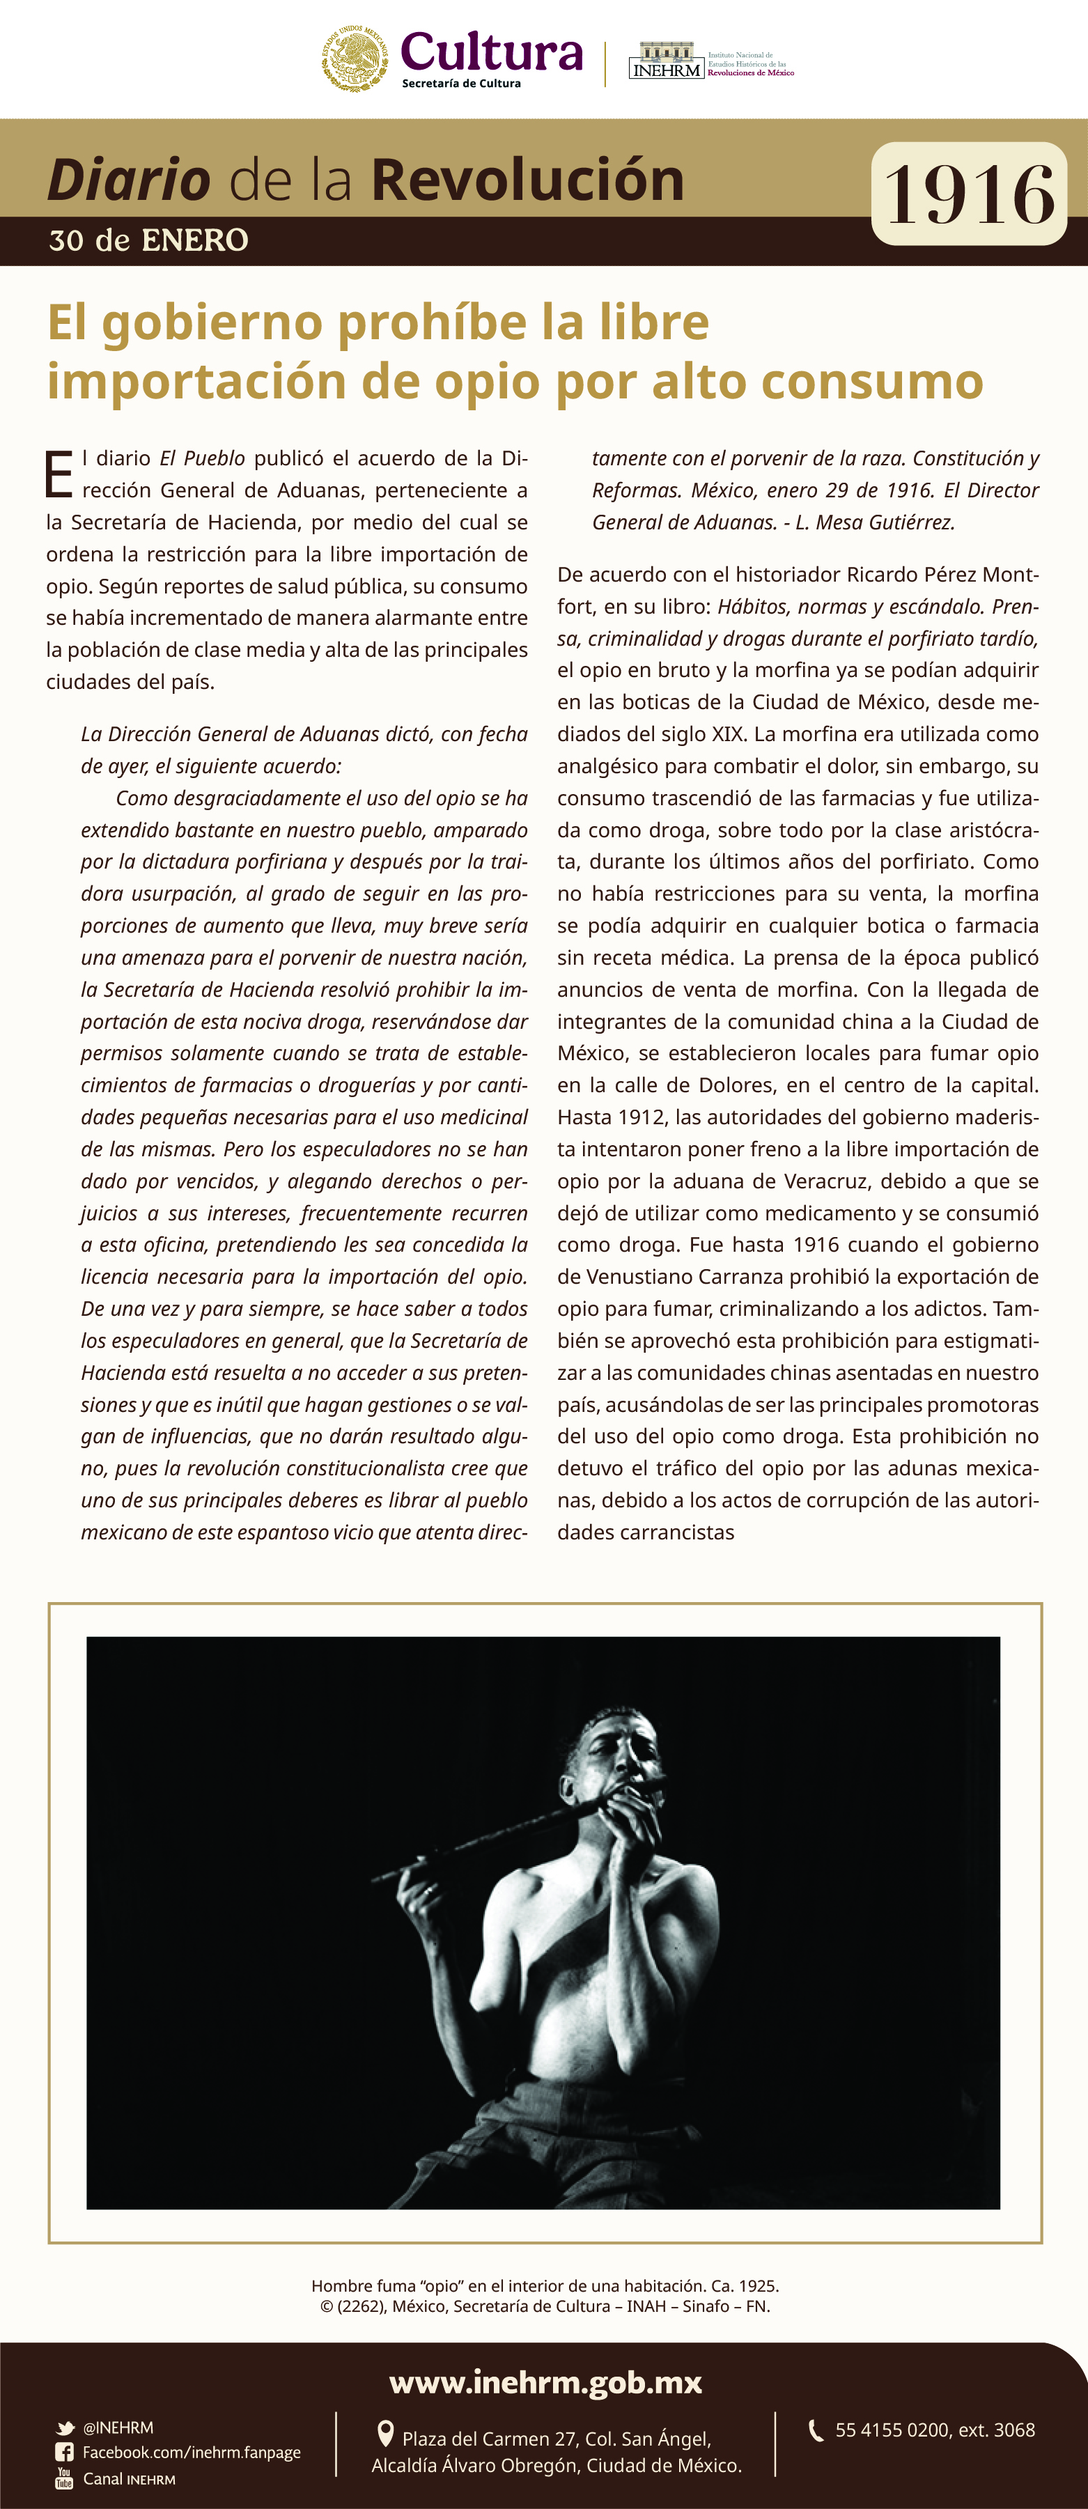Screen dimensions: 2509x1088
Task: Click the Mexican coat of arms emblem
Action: coord(355,59)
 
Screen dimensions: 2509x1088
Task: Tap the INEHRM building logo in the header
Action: coord(666,61)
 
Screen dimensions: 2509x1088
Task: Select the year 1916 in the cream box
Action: coord(969,194)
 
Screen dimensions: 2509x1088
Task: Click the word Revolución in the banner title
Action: coord(527,180)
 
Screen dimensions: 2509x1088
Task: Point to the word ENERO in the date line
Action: coord(195,240)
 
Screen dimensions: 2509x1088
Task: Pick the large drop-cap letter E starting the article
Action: coord(59,474)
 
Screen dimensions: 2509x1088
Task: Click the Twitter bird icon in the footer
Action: coord(65,2428)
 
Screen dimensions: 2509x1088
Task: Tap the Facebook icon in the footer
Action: coord(64,2453)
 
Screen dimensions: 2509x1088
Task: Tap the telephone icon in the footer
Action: coord(816,2431)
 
